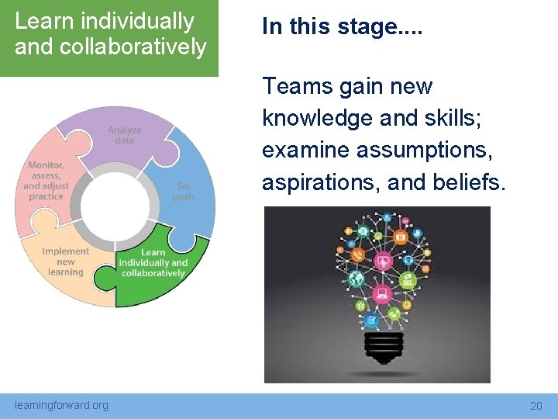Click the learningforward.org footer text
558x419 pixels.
(62, 405)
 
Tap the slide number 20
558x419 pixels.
(536, 406)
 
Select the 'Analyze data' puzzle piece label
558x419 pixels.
(125, 135)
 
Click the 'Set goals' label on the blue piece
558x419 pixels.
(184, 192)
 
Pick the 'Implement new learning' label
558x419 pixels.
(66, 261)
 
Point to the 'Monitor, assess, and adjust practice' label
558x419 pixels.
(46, 181)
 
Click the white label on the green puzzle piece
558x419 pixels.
(153, 262)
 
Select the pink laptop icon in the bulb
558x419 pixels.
(381, 294)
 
